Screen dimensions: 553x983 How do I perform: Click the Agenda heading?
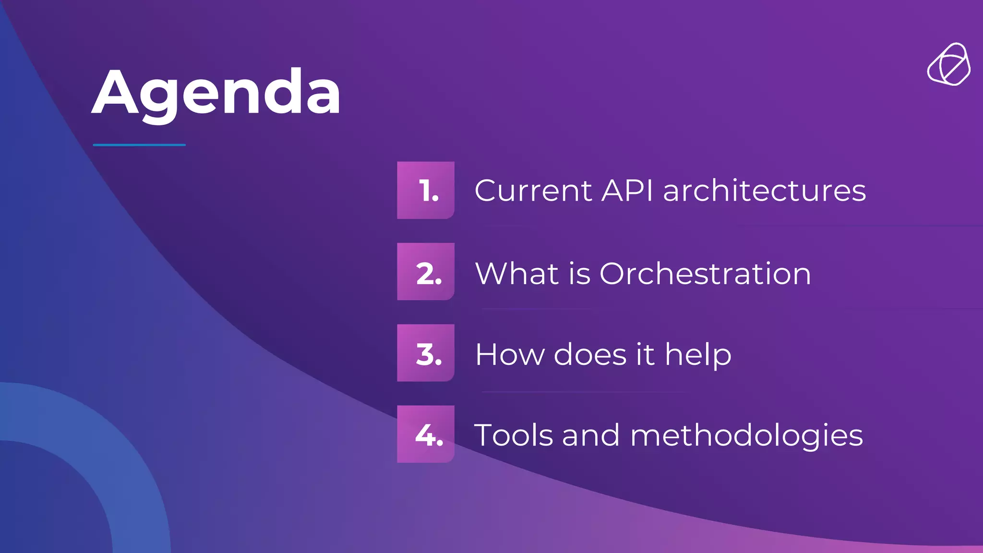click(x=216, y=92)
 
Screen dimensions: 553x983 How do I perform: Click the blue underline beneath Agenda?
click(x=139, y=144)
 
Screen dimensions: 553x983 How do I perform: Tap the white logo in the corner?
click(x=948, y=65)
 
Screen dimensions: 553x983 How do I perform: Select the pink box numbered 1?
click(x=426, y=191)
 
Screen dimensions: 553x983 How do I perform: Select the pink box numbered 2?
click(x=426, y=272)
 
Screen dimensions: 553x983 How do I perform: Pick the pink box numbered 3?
click(x=426, y=353)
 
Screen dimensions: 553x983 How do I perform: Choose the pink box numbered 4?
click(x=426, y=434)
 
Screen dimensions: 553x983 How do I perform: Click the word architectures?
click(x=764, y=191)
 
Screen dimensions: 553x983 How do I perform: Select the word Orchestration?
click(x=705, y=274)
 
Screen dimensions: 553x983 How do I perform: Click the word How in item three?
click(x=509, y=355)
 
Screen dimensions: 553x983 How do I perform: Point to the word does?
click(x=590, y=355)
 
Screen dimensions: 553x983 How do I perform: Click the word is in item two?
click(x=580, y=274)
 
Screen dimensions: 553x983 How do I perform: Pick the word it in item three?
click(x=645, y=355)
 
